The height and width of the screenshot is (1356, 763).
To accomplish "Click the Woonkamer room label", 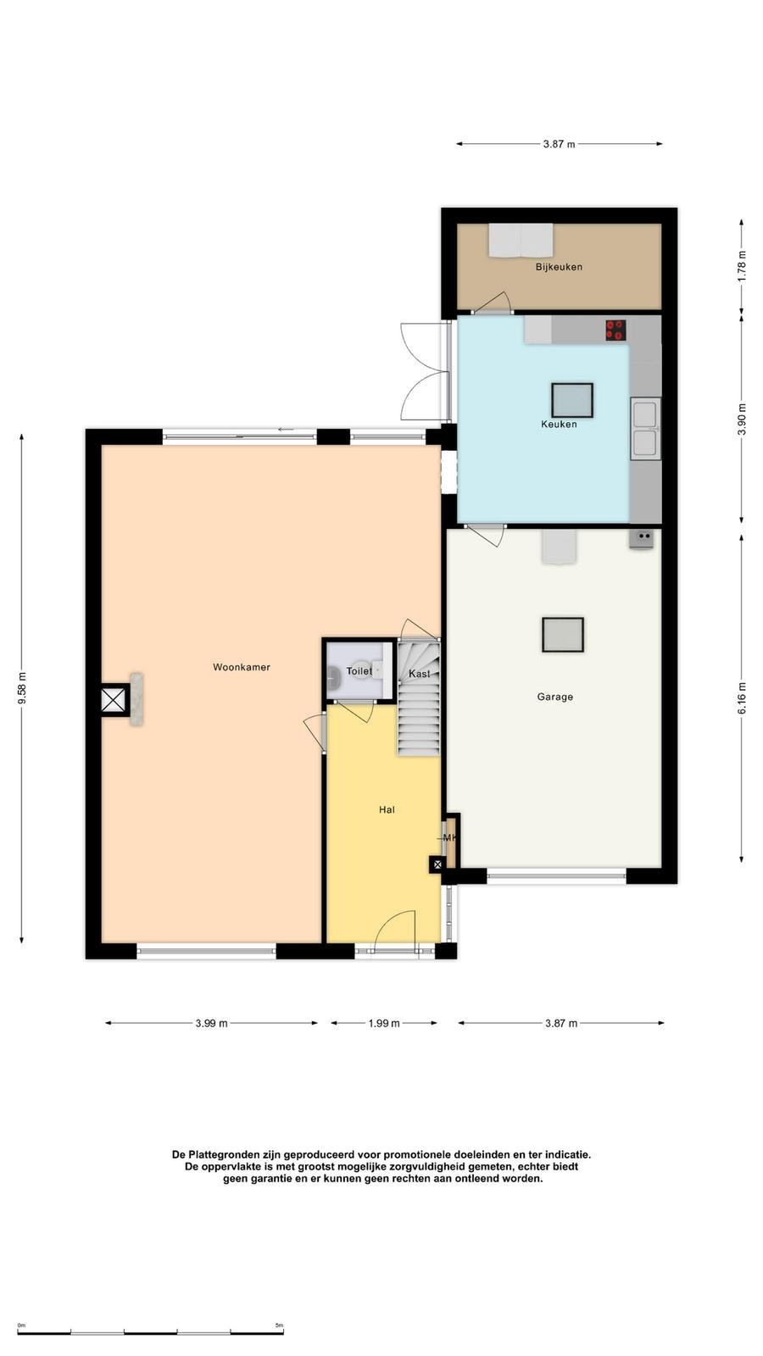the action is click(241, 667).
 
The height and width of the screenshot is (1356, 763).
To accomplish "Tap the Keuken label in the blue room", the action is click(559, 425).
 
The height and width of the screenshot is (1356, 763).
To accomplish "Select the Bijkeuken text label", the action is click(559, 267).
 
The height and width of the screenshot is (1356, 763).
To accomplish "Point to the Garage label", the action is click(554, 697).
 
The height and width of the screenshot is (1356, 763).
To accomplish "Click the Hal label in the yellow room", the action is click(387, 810).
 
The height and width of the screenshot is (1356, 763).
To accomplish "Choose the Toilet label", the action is click(359, 671).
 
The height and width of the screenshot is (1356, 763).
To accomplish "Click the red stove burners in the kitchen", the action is click(615, 330).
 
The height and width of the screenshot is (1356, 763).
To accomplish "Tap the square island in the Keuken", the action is click(571, 400).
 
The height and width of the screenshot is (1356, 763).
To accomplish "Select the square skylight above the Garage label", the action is click(563, 635).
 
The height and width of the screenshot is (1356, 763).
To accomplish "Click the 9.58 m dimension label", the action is click(22, 688).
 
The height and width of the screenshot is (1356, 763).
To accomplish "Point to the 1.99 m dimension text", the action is click(384, 1023).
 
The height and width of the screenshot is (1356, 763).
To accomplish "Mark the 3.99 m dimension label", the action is click(211, 1023).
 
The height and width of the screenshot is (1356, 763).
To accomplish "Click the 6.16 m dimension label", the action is click(742, 698).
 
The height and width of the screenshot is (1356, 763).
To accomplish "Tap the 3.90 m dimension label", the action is click(742, 419).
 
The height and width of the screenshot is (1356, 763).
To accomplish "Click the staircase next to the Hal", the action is click(419, 698).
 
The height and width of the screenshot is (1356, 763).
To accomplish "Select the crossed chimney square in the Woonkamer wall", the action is click(114, 701).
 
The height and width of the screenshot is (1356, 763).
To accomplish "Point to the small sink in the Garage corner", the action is click(641, 538).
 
